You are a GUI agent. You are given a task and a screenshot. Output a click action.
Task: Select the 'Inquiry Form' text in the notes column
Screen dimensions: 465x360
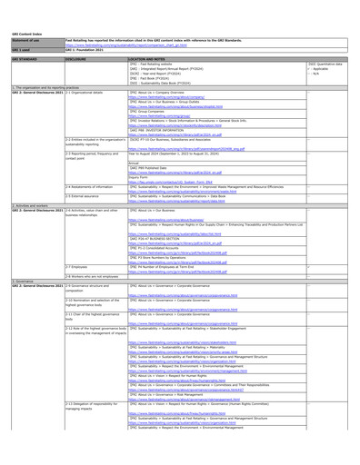[x=142, y=176]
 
